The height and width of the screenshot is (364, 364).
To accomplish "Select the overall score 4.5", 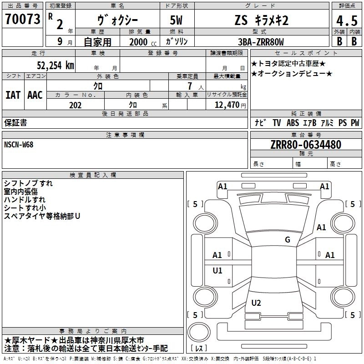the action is [346, 20].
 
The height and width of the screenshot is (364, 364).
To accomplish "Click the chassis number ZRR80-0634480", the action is [305, 145].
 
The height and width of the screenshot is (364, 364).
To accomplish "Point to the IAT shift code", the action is [13, 95].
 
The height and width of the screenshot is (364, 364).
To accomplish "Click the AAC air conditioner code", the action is [35, 95].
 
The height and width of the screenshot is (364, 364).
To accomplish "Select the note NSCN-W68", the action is [19, 145].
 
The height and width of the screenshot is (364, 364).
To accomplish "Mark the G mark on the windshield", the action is [287, 240].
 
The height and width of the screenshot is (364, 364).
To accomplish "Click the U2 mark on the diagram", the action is [256, 303].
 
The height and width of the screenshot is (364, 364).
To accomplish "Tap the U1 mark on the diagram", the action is [217, 271].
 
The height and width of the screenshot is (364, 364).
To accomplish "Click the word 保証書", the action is [15, 122].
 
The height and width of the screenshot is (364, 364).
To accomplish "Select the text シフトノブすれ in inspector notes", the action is [28, 183].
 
